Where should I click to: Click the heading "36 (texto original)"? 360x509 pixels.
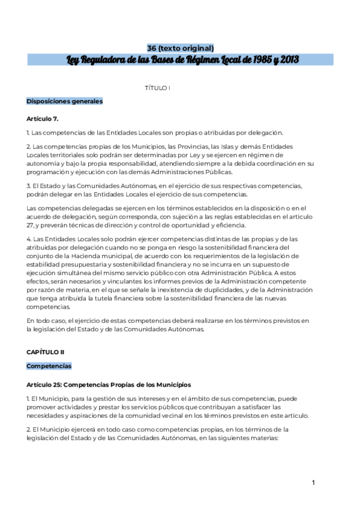click(181, 48)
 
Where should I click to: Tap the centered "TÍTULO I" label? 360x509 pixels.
click(158, 88)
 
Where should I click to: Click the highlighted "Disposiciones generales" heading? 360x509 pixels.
click(64, 101)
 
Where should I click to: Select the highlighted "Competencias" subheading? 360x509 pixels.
click(49, 366)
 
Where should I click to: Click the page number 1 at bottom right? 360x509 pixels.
click(313, 483)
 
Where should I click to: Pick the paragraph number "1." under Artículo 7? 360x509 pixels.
click(28, 133)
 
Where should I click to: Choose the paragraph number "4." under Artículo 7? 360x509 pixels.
click(28, 239)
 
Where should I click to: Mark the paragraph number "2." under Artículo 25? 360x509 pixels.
click(28, 429)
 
